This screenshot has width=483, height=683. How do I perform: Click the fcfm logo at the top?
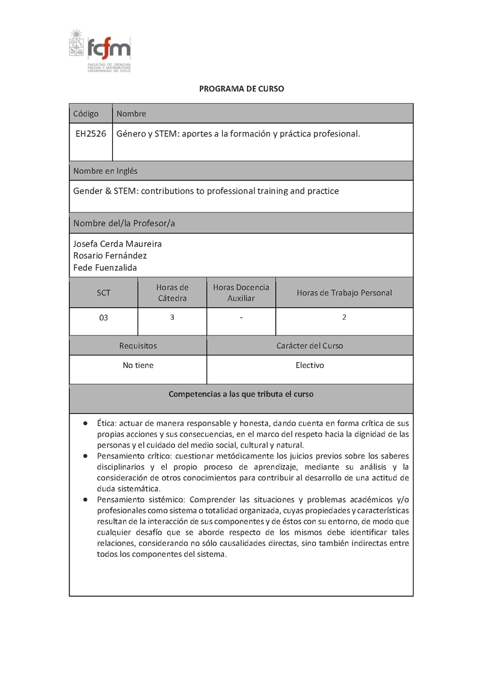(x=100, y=50)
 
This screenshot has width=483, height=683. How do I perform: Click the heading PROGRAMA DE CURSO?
(x=241, y=89)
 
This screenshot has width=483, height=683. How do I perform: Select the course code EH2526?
(x=91, y=134)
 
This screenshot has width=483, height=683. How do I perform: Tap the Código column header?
(x=86, y=113)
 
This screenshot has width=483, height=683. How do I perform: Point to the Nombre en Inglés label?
(x=105, y=171)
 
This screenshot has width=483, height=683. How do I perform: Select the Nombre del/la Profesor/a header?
(x=124, y=223)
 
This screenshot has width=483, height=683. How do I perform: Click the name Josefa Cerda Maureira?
(x=117, y=244)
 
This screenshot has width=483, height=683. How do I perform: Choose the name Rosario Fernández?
(x=110, y=256)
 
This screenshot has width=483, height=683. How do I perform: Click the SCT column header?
(x=104, y=293)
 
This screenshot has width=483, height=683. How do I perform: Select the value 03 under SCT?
(x=103, y=317)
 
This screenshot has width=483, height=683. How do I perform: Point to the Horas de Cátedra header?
(x=172, y=293)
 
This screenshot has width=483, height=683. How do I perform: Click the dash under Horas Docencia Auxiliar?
(x=241, y=317)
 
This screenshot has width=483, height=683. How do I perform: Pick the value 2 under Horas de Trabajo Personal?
(x=344, y=317)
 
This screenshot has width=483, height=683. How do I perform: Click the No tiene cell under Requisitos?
(x=138, y=365)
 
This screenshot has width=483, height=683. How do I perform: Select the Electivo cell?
(x=310, y=365)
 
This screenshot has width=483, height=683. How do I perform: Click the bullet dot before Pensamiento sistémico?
(x=85, y=500)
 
